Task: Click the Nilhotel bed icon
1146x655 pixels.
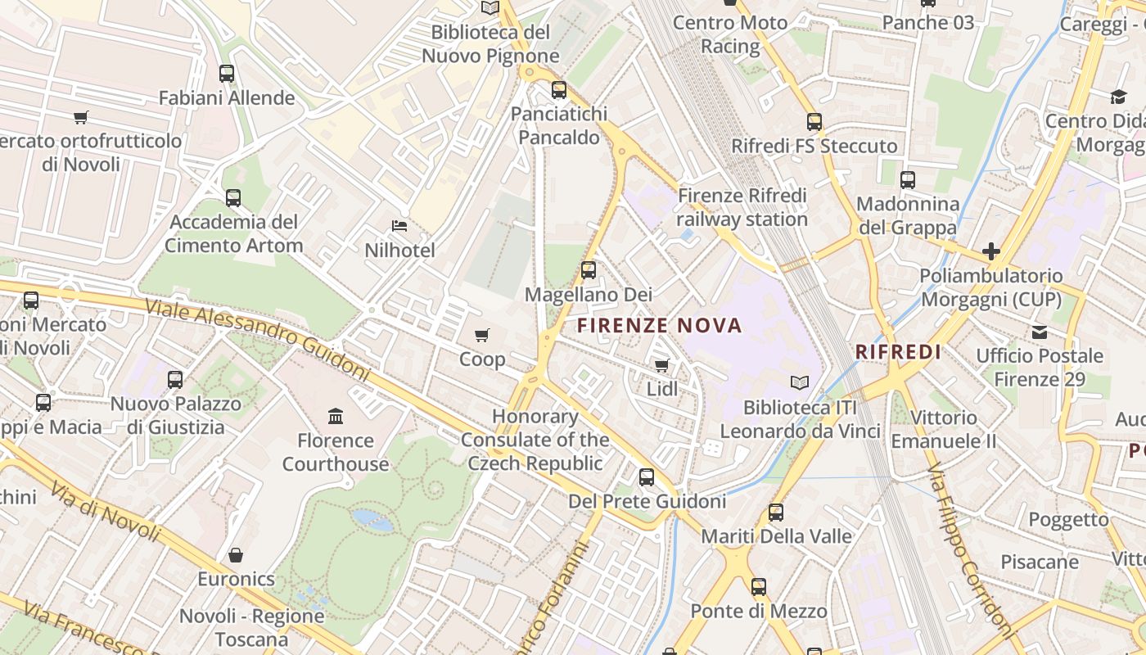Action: coord(399,226)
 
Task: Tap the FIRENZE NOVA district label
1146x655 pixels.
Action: coord(660,326)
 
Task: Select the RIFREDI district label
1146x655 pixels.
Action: coord(898,352)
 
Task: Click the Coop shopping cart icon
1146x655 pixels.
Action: coord(482,335)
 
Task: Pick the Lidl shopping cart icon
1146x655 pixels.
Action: coord(661,365)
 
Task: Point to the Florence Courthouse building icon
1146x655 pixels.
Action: coord(336,417)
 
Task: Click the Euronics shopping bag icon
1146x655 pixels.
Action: coord(236,555)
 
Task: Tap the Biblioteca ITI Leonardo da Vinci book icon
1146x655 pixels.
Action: coord(800,382)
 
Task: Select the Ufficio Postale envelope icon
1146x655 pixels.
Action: coord(1040,332)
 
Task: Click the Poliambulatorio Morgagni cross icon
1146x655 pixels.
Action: coord(991,251)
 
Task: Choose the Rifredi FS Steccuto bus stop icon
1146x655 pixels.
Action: coord(814,122)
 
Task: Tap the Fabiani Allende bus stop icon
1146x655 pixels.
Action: coord(227,74)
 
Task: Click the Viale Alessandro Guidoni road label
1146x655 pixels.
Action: coord(258,339)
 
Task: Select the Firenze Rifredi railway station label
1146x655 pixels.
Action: coord(742,207)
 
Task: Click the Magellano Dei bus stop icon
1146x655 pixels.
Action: coord(589,269)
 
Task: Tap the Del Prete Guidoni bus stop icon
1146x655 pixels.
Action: coord(647,477)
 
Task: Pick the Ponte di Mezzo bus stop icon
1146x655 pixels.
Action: coord(759,587)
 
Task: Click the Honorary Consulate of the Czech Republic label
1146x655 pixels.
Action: coord(535,440)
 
